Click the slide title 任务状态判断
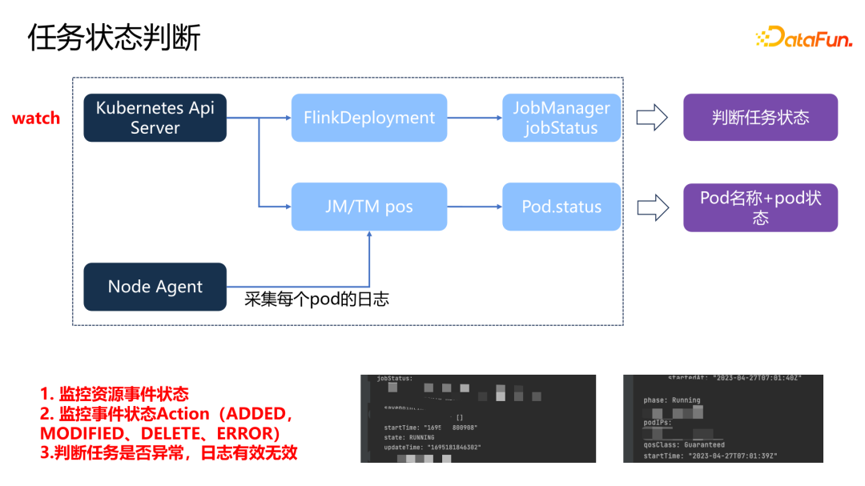pyautogui.click(x=114, y=38)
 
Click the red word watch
pyautogui.click(x=36, y=118)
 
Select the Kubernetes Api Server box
pyautogui.click(x=155, y=118)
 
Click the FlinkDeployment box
pyautogui.click(x=369, y=118)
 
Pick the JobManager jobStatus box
pyautogui.click(x=561, y=118)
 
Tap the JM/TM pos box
pyautogui.click(x=369, y=207)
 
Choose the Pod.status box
pyautogui.click(x=561, y=207)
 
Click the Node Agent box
pyautogui.click(x=155, y=287)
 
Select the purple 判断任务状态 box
pyautogui.click(x=760, y=118)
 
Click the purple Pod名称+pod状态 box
pyautogui.click(x=760, y=207)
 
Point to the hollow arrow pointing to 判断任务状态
pyautogui.click(x=652, y=118)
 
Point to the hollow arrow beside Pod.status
pyautogui.click(x=652, y=207)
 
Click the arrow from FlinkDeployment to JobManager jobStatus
pyautogui.click(x=474, y=118)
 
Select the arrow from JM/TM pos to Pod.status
pyautogui.click(x=474, y=207)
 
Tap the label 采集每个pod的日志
pyautogui.click(x=316, y=299)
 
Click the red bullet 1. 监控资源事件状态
pyautogui.click(x=115, y=394)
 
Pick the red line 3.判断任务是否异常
pyautogui.click(x=168, y=452)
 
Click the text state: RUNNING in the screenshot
pyautogui.click(x=409, y=438)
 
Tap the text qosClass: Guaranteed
pyautogui.click(x=684, y=444)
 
